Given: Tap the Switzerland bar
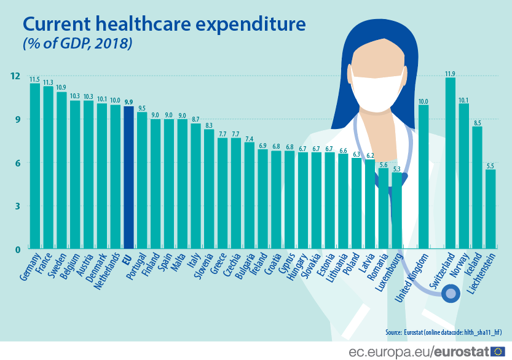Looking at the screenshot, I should [x=450, y=163].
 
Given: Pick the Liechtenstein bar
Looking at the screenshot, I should [x=490, y=209].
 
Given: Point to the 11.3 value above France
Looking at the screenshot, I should [x=48, y=82].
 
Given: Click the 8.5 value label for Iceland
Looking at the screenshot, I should [x=477, y=123].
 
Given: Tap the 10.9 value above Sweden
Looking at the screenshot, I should [x=61, y=88].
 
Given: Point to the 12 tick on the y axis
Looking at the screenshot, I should [x=15, y=76].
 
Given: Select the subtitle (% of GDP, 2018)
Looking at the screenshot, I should [x=77, y=45].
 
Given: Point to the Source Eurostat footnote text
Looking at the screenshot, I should [x=443, y=332].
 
